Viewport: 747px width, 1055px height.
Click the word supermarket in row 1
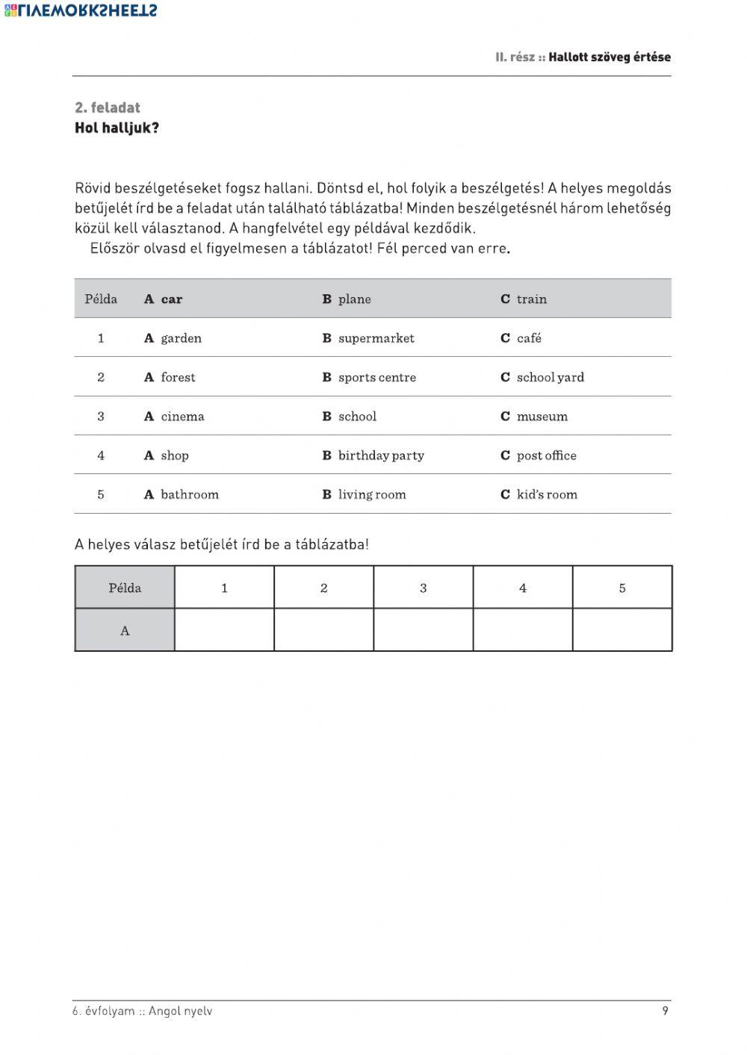(x=376, y=338)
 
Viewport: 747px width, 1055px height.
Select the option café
(x=529, y=338)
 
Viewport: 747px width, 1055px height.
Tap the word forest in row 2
(x=178, y=378)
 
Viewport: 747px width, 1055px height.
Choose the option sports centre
(x=376, y=378)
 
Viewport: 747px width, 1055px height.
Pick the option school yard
(x=550, y=378)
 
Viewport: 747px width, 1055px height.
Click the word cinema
(x=182, y=417)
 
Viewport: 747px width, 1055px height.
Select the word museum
(x=542, y=417)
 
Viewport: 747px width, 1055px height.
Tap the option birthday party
(x=381, y=455)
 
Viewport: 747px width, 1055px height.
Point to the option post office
(x=546, y=455)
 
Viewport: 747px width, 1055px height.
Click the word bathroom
(x=190, y=494)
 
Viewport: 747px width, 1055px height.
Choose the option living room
(x=372, y=494)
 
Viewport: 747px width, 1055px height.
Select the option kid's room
(x=547, y=494)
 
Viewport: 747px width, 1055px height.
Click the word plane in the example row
(x=354, y=299)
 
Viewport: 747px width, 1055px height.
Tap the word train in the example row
(x=531, y=299)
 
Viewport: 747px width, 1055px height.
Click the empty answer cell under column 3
(x=423, y=630)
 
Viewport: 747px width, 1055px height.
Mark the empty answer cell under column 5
(x=622, y=630)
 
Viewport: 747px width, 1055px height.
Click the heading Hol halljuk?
(x=117, y=128)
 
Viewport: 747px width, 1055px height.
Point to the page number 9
(x=665, y=1011)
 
